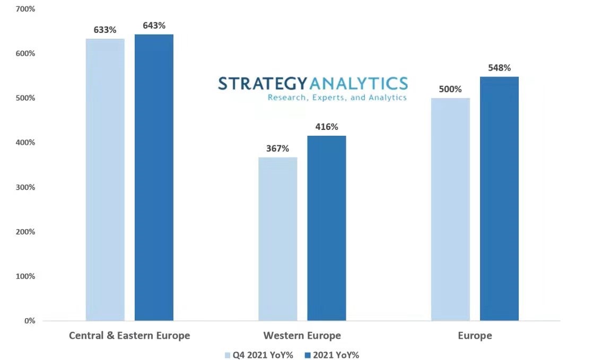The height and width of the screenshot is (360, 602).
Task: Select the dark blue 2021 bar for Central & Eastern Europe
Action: click(x=154, y=177)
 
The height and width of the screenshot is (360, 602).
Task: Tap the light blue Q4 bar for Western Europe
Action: click(x=278, y=239)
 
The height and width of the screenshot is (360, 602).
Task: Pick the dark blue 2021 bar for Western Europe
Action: click(x=327, y=228)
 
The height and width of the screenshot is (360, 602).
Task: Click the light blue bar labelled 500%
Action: click(x=450, y=209)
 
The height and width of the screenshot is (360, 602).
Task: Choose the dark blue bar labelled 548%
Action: click(x=499, y=198)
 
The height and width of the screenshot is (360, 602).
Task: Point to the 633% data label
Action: click(x=105, y=30)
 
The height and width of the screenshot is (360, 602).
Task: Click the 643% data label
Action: click(x=154, y=25)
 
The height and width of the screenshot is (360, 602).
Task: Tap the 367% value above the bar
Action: click(x=278, y=148)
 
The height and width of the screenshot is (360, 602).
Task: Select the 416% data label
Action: click(x=327, y=127)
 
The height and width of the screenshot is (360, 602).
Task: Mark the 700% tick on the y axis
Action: click(x=25, y=9)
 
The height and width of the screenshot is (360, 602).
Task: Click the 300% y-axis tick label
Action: click(x=25, y=187)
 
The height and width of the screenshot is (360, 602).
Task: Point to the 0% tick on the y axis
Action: click(x=29, y=321)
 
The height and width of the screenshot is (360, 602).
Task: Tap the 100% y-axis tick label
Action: click(x=25, y=276)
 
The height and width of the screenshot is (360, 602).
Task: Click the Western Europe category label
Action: click(x=302, y=336)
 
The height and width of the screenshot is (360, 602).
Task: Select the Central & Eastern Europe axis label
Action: click(x=129, y=336)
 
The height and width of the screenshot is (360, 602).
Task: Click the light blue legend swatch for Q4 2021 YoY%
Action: click(x=228, y=355)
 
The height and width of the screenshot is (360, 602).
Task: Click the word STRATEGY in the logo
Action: click(x=263, y=84)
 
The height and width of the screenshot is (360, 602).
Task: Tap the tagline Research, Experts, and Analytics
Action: click(x=337, y=98)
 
